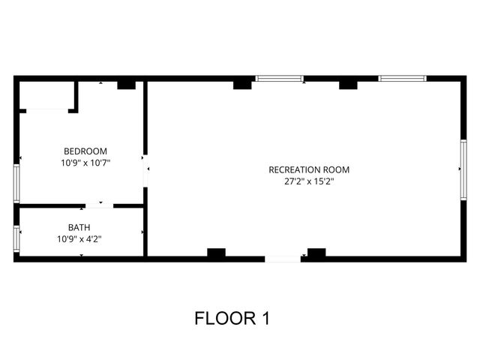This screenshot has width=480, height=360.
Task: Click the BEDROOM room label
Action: click(x=85, y=151)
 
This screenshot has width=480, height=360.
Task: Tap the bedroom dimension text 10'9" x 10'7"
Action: click(x=85, y=162)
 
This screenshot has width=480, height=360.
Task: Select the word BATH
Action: click(x=79, y=227)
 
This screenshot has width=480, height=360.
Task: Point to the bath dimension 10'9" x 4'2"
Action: click(x=79, y=239)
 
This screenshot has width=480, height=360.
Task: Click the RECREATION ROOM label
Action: click(x=309, y=169)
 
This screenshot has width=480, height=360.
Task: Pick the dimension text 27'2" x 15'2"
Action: click(x=309, y=181)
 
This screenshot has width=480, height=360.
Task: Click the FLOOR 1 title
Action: click(x=232, y=318)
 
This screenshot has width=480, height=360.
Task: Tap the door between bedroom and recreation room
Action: click(x=145, y=169)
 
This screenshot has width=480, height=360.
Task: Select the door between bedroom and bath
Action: click(x=99, y=205)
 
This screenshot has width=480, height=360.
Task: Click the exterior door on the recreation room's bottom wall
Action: click(x=283, y=259)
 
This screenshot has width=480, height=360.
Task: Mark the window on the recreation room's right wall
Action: click(x=463, y=170)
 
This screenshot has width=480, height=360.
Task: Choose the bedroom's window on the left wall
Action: click(x=16, y=182)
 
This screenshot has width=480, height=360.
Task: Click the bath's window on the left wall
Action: click(x=16, y=238)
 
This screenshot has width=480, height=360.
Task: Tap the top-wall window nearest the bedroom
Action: click(x=280, y=78)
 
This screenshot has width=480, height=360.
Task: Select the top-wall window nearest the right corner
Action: click(x=402, y=78)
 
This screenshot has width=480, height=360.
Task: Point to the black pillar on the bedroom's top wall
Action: click(x=126, y=85)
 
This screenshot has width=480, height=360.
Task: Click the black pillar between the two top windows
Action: click(x=348, y=85)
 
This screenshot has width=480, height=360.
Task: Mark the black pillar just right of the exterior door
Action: click(x=316, y=253)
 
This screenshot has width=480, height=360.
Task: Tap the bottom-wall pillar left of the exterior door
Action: click(x=217, y=253)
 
